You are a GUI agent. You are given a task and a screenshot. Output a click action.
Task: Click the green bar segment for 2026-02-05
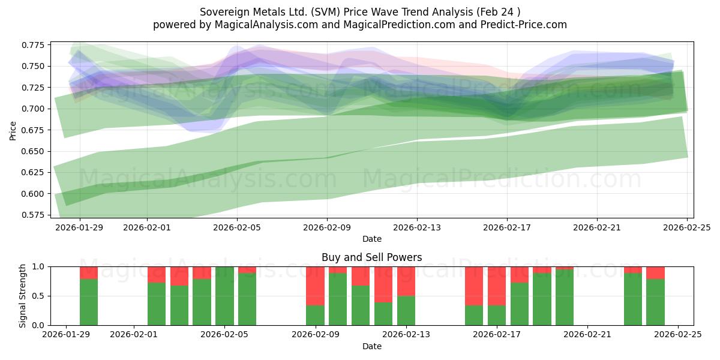click(x=224, y=296)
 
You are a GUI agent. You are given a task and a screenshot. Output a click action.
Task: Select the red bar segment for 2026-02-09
click(x=315, y=286)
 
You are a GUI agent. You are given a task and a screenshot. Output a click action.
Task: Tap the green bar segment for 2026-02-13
click(x=406, y=310)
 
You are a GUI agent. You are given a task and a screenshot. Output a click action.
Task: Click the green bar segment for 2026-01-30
click(x=89, y=302)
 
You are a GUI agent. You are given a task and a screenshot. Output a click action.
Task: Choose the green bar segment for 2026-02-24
click(x=655, y=302)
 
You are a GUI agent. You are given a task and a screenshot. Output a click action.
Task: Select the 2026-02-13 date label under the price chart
click(x=417, y=227)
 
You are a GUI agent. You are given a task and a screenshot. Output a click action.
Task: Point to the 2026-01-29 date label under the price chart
click(x=80, y=227)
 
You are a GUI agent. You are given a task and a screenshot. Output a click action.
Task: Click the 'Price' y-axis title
click(x=13, y=130)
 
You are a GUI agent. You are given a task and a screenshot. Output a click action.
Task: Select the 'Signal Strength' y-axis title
click(x=22, y=296)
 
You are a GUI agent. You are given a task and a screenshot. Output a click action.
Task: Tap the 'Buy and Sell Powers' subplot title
click(x=372, y=257)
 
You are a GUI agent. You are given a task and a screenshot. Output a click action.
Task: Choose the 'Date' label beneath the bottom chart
click(x=372, y=346)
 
